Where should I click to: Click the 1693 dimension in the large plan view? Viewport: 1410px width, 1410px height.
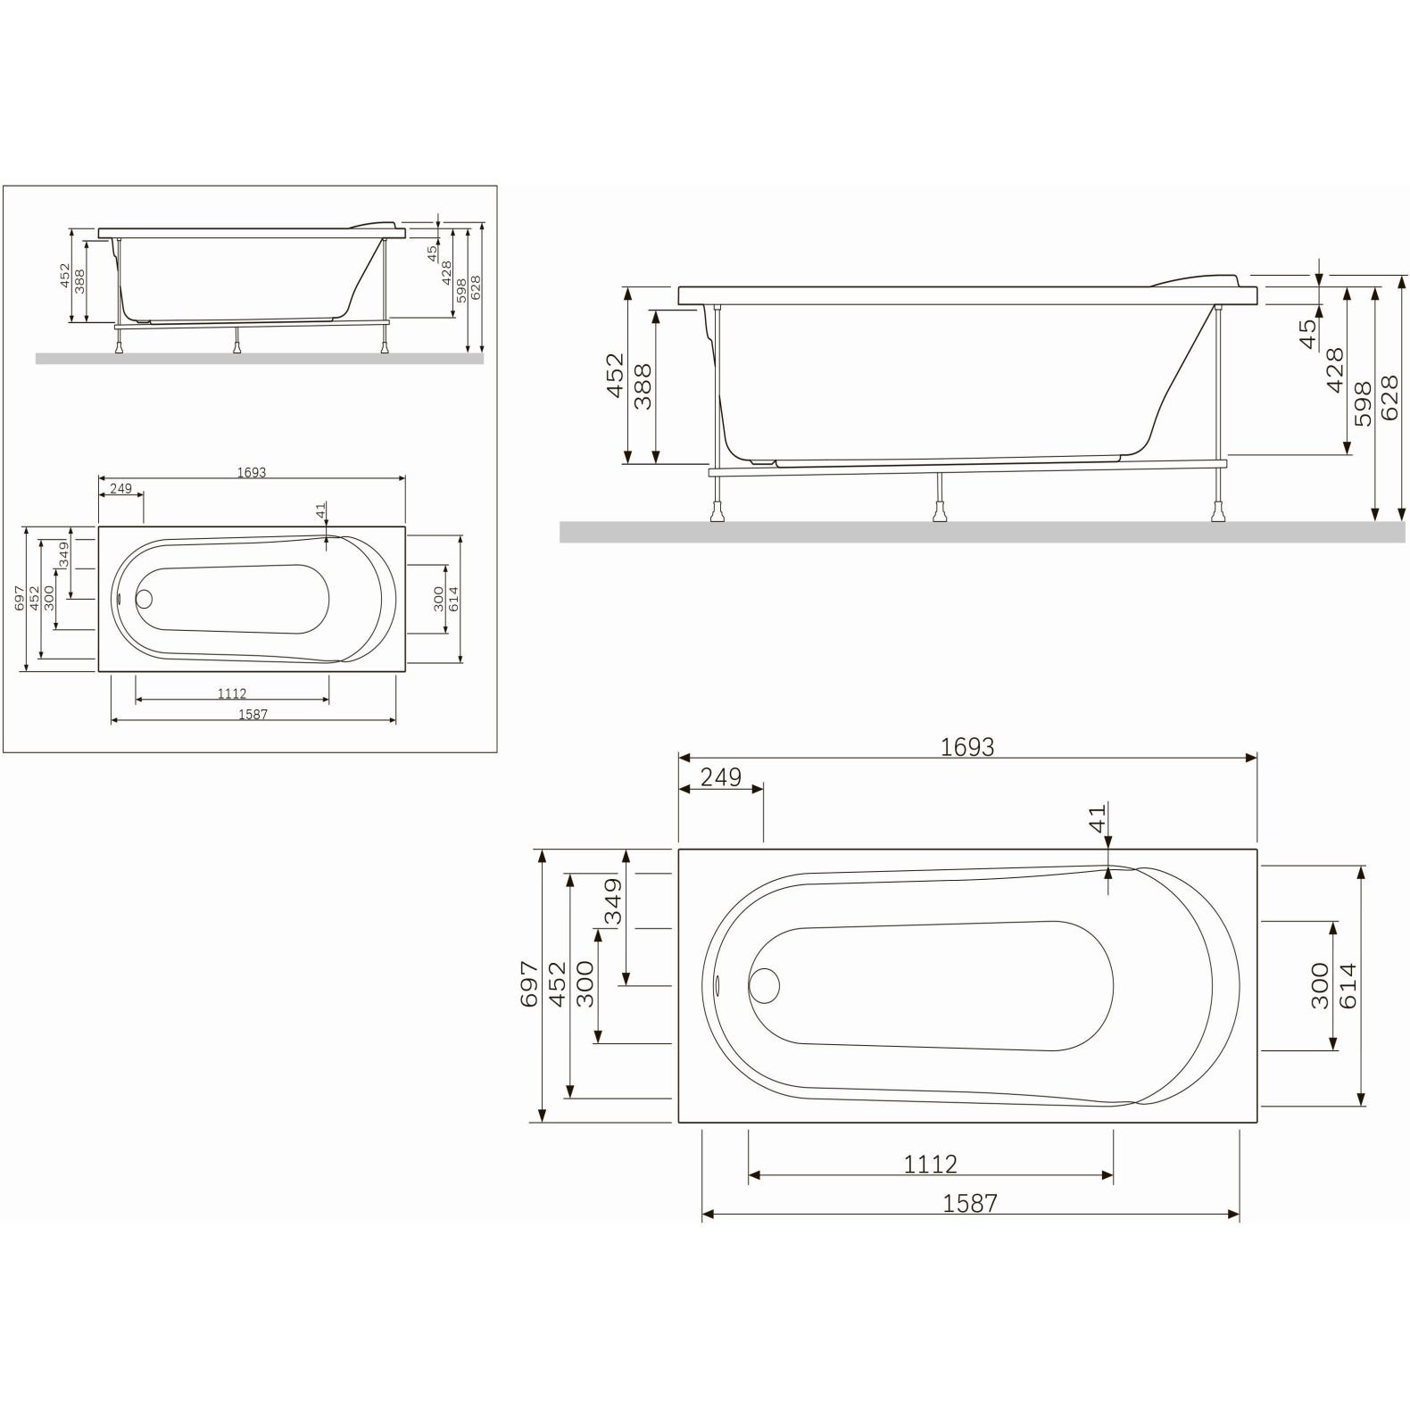(967, 746)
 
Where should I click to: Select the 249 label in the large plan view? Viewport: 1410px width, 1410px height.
(720, 777)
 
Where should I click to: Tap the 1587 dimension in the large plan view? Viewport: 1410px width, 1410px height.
(970, 1202)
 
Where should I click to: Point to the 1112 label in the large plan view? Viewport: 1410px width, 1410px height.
(930, 1164)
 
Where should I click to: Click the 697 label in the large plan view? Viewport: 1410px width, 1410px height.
(529, 984)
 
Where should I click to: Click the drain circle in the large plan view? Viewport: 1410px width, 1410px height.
(765, 985)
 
